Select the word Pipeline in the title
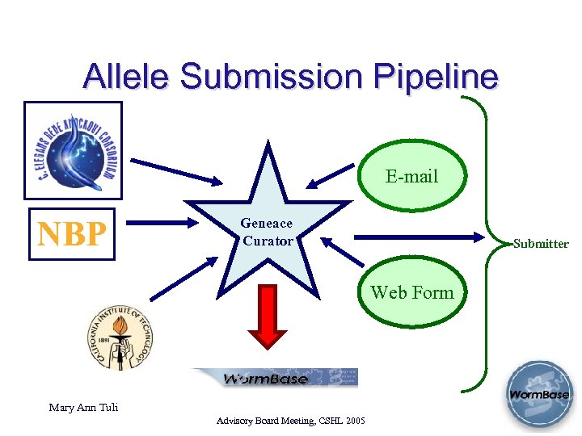pos(436,77)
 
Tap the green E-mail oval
pos(411,176)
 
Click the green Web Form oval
pos(411,293)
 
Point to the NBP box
pos(72,233)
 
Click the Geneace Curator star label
pos(267,232)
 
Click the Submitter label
pos(541,244)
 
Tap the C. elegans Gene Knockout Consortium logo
pos(73,150)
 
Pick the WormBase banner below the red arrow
pos(274,378)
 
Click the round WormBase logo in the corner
pos(538,395)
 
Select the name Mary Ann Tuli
pos(83,408)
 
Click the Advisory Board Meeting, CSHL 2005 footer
pos(291,421)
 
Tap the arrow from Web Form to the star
pos(344,251)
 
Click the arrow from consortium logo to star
pos(177,170)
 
